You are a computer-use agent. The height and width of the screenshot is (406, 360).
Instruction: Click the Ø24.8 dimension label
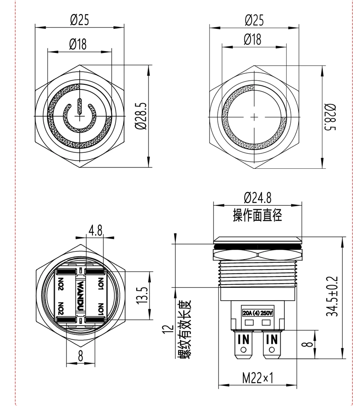257,197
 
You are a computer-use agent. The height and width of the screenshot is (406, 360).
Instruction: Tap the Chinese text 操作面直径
257,215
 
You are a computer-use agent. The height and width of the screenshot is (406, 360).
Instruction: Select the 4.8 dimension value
95,230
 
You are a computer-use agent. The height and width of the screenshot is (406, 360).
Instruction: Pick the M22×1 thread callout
257,378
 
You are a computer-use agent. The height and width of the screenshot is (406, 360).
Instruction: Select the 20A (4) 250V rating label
257,313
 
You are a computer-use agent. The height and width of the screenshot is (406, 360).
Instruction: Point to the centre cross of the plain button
254,117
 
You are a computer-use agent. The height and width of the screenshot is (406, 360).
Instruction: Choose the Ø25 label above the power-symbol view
79,20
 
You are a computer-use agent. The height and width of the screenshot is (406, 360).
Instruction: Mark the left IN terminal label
244,339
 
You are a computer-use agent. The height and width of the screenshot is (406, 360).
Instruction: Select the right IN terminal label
272,339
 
